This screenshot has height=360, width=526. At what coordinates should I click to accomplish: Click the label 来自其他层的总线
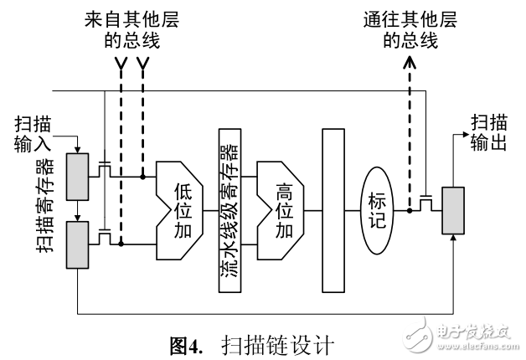(x=131, y=28)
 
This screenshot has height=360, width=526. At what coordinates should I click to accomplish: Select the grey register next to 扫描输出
(x=453, y=212)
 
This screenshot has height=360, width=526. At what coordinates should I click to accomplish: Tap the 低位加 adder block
(x=180, y=210)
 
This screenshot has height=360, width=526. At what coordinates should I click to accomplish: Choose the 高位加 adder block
(x=281, y=210)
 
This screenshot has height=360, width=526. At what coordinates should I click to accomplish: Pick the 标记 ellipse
(x=376, y=210)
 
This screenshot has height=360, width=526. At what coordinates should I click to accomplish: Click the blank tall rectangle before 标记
(x=333, y=211)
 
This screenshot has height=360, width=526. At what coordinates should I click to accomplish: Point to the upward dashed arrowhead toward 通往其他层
(x=409, y=64)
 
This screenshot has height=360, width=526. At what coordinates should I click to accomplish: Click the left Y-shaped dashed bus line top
(x=121, y=65)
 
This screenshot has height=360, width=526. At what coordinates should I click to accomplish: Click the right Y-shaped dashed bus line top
(x=143, y=65)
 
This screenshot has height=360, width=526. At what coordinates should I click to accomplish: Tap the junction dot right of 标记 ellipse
(x=409, y=211)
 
